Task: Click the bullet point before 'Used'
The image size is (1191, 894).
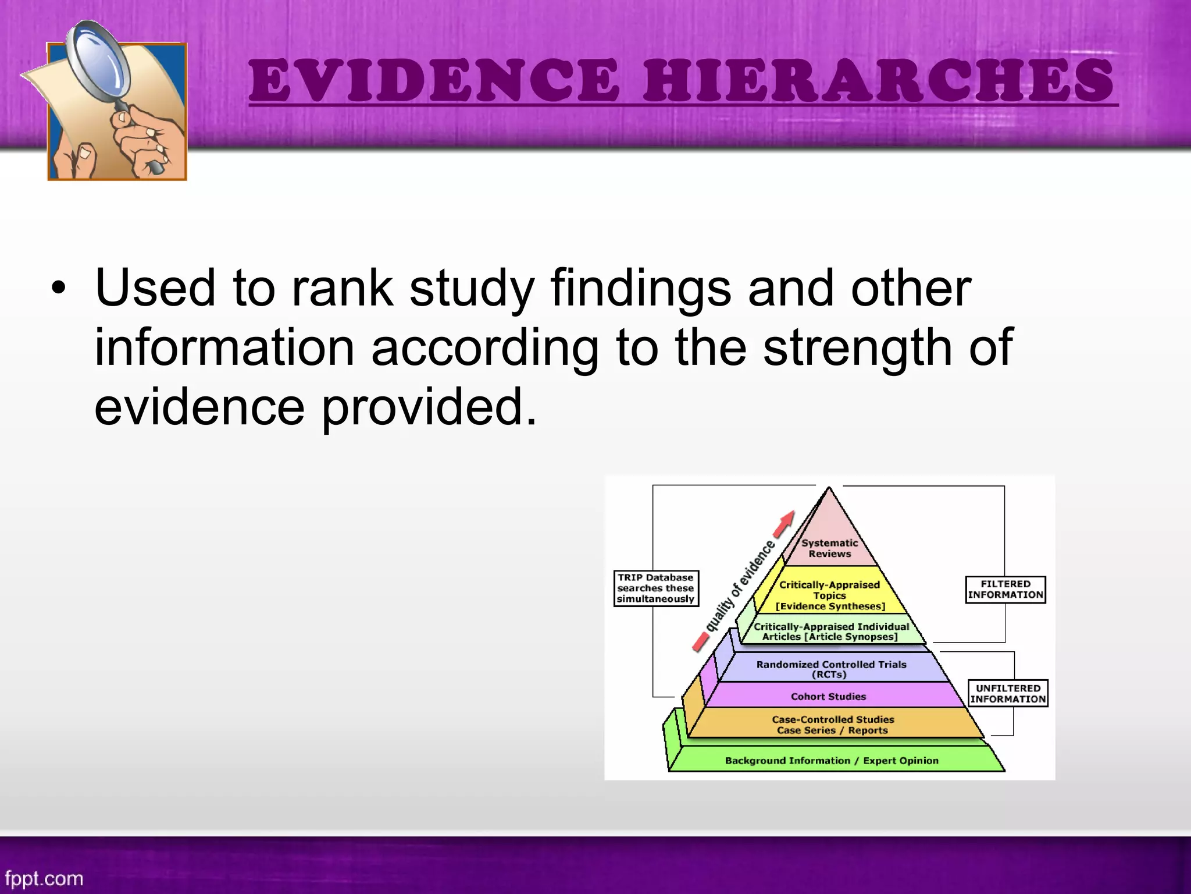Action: pyautogui.click(x=58, y=288)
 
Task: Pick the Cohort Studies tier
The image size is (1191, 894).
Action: pyautogui.click(x=828, y=696)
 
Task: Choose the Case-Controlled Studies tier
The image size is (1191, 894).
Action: pyautogui.click(x=832, y=725)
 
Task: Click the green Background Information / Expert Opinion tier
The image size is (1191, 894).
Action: pyautogui.click(x=832, y=760)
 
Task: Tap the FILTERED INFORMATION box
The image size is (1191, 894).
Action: pyautogui.click(x=1005, y=590)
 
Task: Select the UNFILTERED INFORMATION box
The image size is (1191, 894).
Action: pyautogui.click(x=1007, y=693)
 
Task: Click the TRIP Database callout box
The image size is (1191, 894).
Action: pyautogui.click(x=655, y=588)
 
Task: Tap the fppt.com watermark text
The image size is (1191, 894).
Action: pyautogui.click(x=44, y=878)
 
